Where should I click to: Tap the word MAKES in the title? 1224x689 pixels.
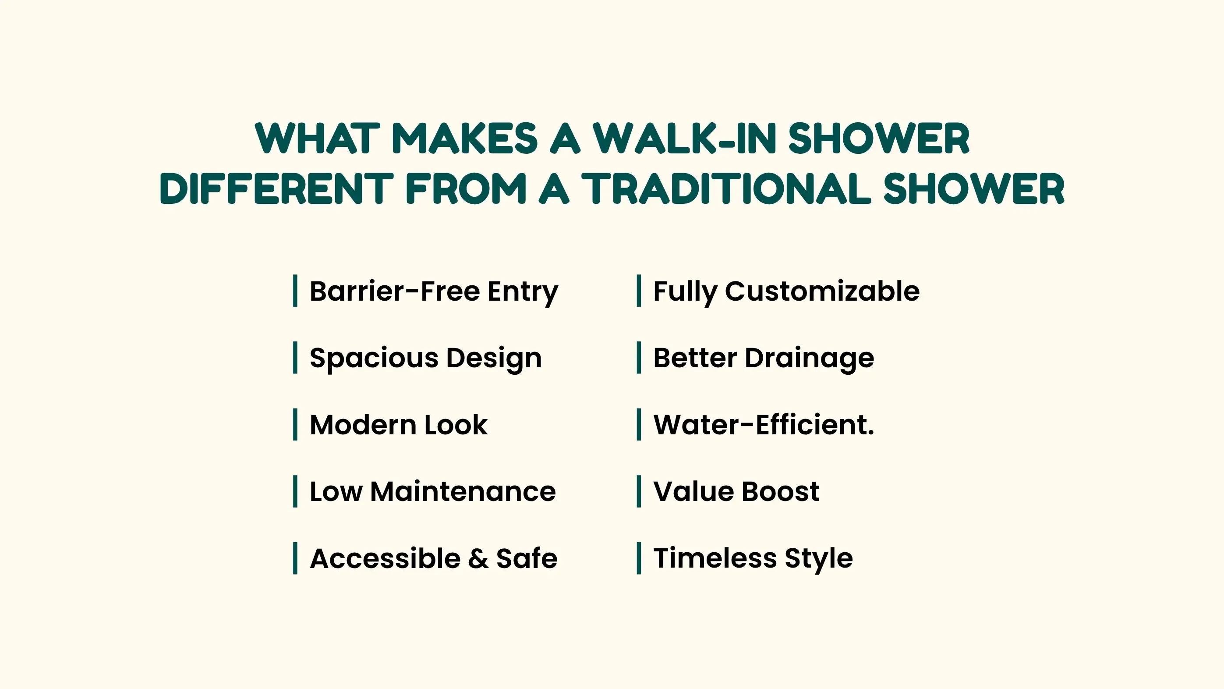465,139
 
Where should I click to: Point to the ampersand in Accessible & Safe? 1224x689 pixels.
478,558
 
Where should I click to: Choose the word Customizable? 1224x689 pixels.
822,291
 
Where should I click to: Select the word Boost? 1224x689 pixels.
780,492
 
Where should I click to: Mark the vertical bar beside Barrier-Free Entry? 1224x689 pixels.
295,291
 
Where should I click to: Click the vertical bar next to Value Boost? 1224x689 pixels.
639,491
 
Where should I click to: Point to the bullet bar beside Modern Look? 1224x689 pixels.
295,424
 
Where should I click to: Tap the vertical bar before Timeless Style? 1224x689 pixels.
639,558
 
